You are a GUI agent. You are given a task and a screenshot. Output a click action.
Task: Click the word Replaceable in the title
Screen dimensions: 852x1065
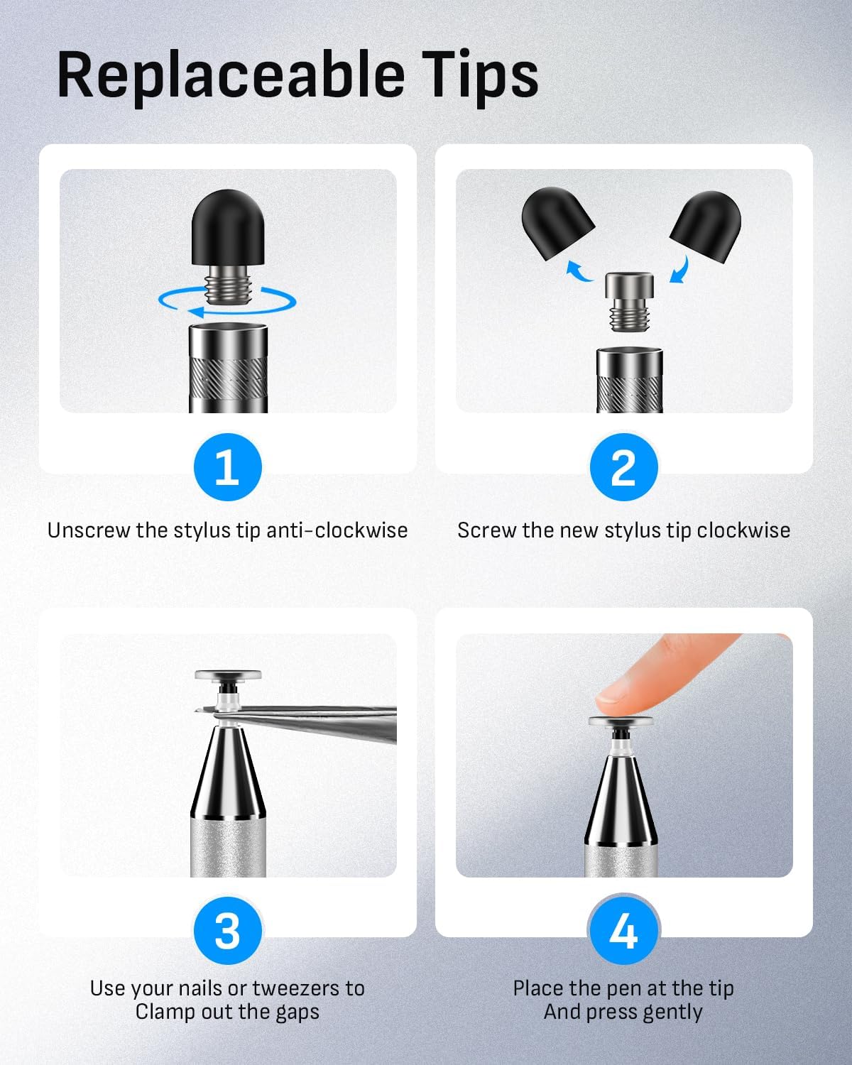[x=231, y=75]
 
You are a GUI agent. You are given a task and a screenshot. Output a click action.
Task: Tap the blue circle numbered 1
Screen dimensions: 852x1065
[x=228, y=467]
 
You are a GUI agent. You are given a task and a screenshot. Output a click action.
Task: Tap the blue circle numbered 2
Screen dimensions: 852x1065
[x=624, y=467]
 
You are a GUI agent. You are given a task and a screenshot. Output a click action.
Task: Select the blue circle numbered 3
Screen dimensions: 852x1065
[x=228, y=930]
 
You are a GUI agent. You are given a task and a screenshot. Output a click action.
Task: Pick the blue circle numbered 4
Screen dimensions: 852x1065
[x=624, y=930]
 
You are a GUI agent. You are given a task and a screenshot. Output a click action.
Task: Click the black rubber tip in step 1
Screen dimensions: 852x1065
[x=228, y=228]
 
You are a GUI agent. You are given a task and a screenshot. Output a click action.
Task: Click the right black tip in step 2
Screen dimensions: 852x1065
[x=706, y=226]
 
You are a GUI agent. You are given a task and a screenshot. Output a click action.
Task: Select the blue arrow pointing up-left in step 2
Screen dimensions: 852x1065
[x=579, y=271]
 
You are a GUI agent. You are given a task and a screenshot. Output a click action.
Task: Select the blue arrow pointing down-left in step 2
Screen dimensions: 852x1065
[x=679, y=270]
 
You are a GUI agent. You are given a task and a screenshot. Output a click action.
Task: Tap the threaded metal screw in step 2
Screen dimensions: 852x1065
[x=629, y=301]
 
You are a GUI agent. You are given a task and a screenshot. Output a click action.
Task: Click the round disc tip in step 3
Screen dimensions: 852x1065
[x=228, y=675]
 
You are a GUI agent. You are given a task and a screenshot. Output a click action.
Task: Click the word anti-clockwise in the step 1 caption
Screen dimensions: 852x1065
[x=337, y=530]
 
